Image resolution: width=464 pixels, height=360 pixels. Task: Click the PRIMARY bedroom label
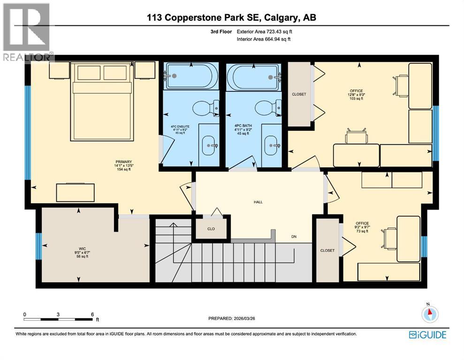pyautogui.click(x=111, y=162)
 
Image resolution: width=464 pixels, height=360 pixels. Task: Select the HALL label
pyautogui.click(x=258, y=202)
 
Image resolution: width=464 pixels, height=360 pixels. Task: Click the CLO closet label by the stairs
pyautogui.click(x=211, y=229)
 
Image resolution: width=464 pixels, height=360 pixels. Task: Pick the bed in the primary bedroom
pyautogui.click(x=102, y=101)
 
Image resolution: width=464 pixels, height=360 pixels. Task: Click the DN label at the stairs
pyautogui.click(x=294, y=237)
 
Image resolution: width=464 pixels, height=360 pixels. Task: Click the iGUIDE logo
pyautogui.click(x=427, y=334)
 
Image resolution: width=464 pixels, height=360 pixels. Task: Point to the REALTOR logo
pyautogui.click(x=27, y=32)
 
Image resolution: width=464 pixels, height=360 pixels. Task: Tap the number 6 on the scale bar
pyautogui.click(x=92, y=314)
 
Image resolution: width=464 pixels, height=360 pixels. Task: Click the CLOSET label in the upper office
pyautogui.click(x=299, y=94)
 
